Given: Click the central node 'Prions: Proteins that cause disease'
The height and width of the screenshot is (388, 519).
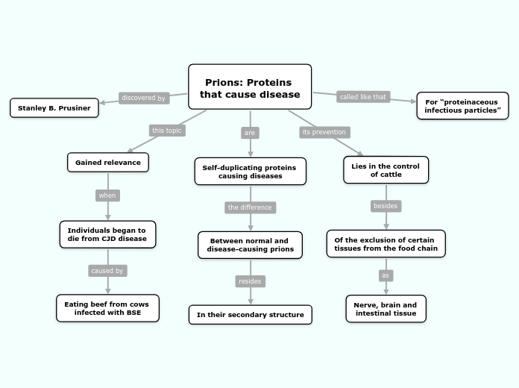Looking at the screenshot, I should [249, 88].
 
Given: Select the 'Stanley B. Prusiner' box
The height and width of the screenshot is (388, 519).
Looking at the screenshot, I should [54, 108].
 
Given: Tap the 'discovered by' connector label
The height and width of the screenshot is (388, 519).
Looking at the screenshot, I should [143, 98].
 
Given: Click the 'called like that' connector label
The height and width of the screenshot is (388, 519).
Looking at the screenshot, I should [362, 97].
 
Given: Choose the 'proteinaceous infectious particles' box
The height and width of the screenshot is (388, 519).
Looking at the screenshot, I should [462, 106].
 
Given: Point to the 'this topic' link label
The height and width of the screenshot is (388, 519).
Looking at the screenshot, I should [166, 131].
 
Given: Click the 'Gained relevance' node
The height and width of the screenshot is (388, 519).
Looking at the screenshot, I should [108, 162].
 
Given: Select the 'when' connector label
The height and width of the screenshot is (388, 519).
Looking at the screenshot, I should [107, 195].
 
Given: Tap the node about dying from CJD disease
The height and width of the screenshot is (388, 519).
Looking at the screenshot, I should [107, 234].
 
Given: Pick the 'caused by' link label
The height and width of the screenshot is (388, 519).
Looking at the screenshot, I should [107, 271].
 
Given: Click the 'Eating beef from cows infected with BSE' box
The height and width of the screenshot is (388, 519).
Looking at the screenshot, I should [107, 308].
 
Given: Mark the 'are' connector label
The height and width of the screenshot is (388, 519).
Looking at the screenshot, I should [250, 133].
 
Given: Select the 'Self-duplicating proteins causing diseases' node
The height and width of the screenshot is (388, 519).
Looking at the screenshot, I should [250, 172].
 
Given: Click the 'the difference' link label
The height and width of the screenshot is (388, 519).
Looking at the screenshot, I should [250, 207].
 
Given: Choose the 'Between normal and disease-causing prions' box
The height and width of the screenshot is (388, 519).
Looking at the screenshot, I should [250, 245].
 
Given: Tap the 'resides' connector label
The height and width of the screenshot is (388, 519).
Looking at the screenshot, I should [250, 281].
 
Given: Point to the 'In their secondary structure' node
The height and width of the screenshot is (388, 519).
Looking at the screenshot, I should [250, 315].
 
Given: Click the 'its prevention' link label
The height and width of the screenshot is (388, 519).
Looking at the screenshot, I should [324, 132].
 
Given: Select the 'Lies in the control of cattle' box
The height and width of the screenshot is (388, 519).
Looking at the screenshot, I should [386, 169].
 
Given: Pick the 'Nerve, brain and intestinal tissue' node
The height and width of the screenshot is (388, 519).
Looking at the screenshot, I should [386, 309].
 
